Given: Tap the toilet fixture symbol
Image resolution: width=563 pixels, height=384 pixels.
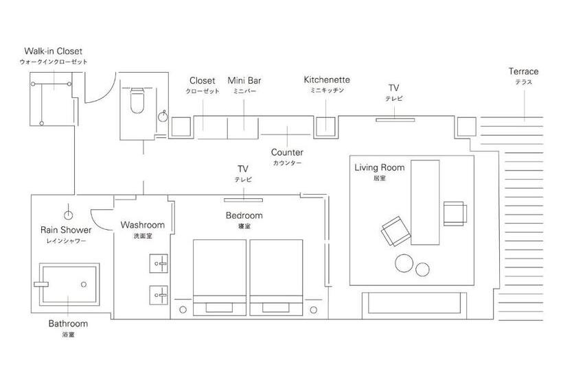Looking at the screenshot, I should (136, 101).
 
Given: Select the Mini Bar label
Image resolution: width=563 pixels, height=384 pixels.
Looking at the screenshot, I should (244, 81).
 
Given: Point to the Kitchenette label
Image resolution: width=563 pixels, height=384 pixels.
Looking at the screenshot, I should (327, 80).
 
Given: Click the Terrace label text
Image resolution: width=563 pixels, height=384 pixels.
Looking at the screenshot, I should (523, 71).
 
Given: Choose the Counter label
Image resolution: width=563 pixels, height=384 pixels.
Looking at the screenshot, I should (287, 153).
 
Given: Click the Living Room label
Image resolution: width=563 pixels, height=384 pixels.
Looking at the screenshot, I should (379, 167).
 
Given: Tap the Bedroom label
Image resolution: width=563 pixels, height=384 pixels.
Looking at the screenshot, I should (244, 215).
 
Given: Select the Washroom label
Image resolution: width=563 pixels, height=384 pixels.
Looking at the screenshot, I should (142, 225).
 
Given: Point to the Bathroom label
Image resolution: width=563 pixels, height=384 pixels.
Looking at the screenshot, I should (68, 324).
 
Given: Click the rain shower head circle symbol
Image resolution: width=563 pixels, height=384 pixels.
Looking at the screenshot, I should (68, 212).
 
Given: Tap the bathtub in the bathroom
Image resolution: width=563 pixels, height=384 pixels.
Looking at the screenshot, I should (67, 283).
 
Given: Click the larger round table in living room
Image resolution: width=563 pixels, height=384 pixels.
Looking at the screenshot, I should (404, 264).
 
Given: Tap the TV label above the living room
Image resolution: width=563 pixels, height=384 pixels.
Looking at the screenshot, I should (393, 88).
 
